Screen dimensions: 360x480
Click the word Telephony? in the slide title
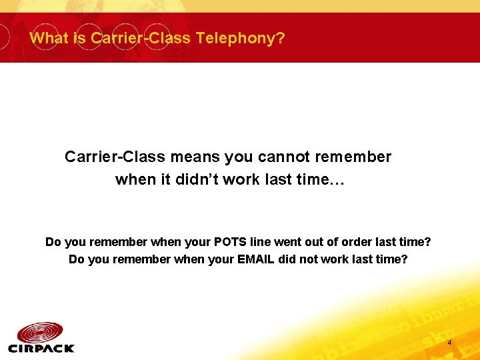[241, 38]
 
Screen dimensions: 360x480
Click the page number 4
[449, 343]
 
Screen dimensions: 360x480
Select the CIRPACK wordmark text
[41, 348]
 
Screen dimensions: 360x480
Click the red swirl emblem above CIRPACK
[41, 331]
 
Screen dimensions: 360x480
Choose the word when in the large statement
[133, 180]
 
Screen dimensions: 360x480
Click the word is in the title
[80, 38]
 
